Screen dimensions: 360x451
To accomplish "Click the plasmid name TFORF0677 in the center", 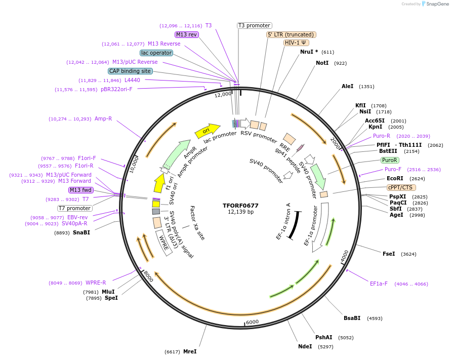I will pyautogui.click(x=240, y=206).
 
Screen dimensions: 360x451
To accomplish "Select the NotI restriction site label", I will pyautogui.click(x=322, y=63).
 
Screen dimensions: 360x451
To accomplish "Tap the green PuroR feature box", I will pyautogui.click(x=389, y=160).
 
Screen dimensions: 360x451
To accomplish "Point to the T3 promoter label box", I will pyautogui.click(x=254, y=25).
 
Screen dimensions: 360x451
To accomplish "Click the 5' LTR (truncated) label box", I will pyautogui.click(x=291, y=34).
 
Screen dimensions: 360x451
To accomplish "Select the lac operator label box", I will pyautogui.click(x=156, y=53).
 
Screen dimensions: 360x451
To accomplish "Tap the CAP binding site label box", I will pyautogui.click(x=130, y=71).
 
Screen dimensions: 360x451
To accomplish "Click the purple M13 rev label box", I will pyautogui.click(x=187, y=34).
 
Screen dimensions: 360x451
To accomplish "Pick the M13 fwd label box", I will pyautogui.click(x=81, y=190).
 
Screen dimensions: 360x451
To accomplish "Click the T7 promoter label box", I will pyautogui.click(x=74, y=208).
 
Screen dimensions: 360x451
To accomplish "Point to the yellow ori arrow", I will pyautogui.click(x=207, y=131).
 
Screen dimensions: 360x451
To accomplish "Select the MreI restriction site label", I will pyautogui.click(x=190, y=351).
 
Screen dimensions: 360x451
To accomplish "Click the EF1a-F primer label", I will pyautogui.click(x=379, y=284).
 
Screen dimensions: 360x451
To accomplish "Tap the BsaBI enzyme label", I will pyautogui.click(x=352, y=318).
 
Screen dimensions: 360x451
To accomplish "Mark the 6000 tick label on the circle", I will pyautogui.click(x=252, y=322).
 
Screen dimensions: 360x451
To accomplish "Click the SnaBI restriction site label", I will pyautogui.click(x=81, y=233).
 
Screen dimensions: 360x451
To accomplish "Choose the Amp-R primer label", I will pyautogui.click(x=103, y=119).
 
